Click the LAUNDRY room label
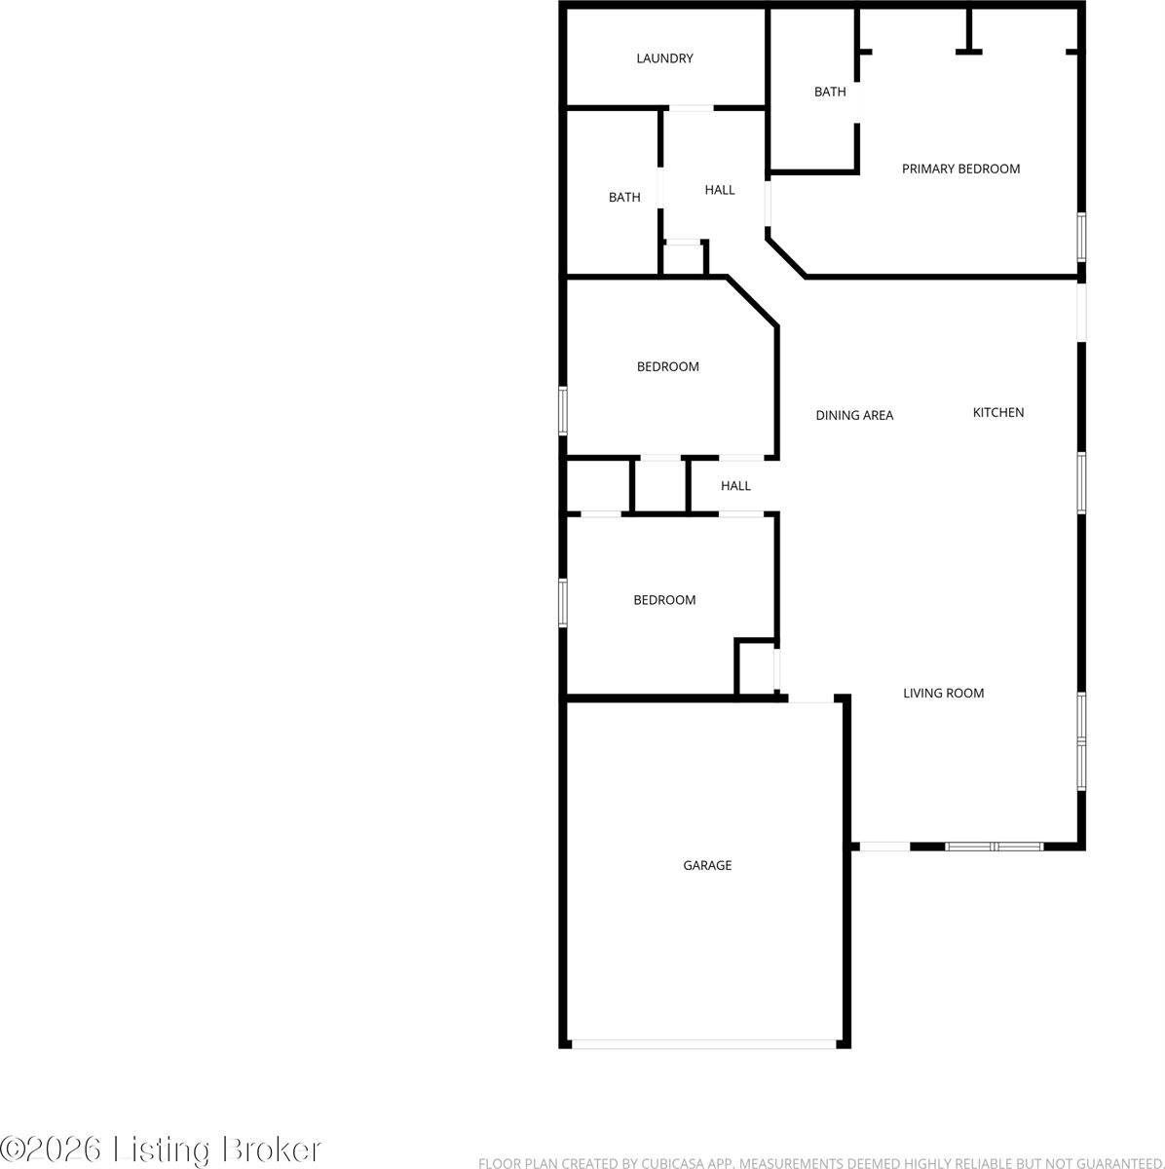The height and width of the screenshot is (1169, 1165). pyautogui.click(x=664, y=58)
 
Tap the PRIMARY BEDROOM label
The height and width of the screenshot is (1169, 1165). pyautogui.click(x=960, y=169)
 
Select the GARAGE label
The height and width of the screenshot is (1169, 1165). pyautogui.click(x=707, y=865)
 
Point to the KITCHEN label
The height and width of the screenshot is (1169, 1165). pyautogui.click(x=998, y=412)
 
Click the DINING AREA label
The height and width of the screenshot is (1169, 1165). pyautogui.click(x=854, y=415)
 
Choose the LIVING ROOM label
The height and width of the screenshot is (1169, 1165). pyautogui.click(x=943, y=694)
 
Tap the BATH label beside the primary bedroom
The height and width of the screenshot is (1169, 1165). pyautogui.click(x=830, y=92)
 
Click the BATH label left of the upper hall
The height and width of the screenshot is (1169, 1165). pyautogui.click(x=624, y=197)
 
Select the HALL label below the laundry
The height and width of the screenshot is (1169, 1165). pyautogui.click(x=720, y=190)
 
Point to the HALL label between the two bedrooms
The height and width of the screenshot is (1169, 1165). pyautogui.click(x=735, y=485)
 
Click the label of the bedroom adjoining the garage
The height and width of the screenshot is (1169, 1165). pyautogui.click(x=664, y=600)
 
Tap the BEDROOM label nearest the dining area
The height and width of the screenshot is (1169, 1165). pyautogui.click(x=668, y=366)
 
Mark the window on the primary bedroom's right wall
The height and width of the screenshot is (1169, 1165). pyautogui.click(x=1080, y=237)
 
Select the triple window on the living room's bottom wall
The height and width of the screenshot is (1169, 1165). pyautogui.click(x=995, y=846)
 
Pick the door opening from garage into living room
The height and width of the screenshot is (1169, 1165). pyautogui.click(x=811, y=698)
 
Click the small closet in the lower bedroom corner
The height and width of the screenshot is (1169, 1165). pyautogui.click(x=754, y=669)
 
